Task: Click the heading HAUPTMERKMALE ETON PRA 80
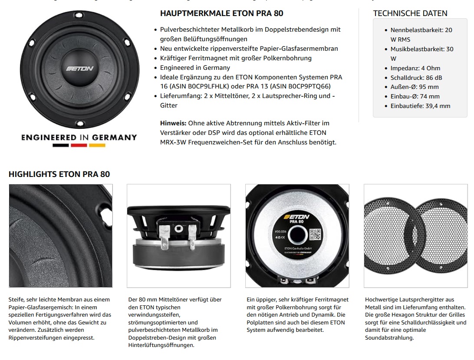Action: click(221, 13)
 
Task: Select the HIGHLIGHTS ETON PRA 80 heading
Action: click(59, 174)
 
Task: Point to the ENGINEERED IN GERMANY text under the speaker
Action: click(79, 137)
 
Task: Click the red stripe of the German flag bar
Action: click(79, 145)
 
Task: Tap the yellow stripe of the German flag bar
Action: click(97, 145)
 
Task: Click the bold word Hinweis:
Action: click(173, 123)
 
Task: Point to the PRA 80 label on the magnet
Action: click(296, 223)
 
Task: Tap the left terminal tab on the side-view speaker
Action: click(164, 234)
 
